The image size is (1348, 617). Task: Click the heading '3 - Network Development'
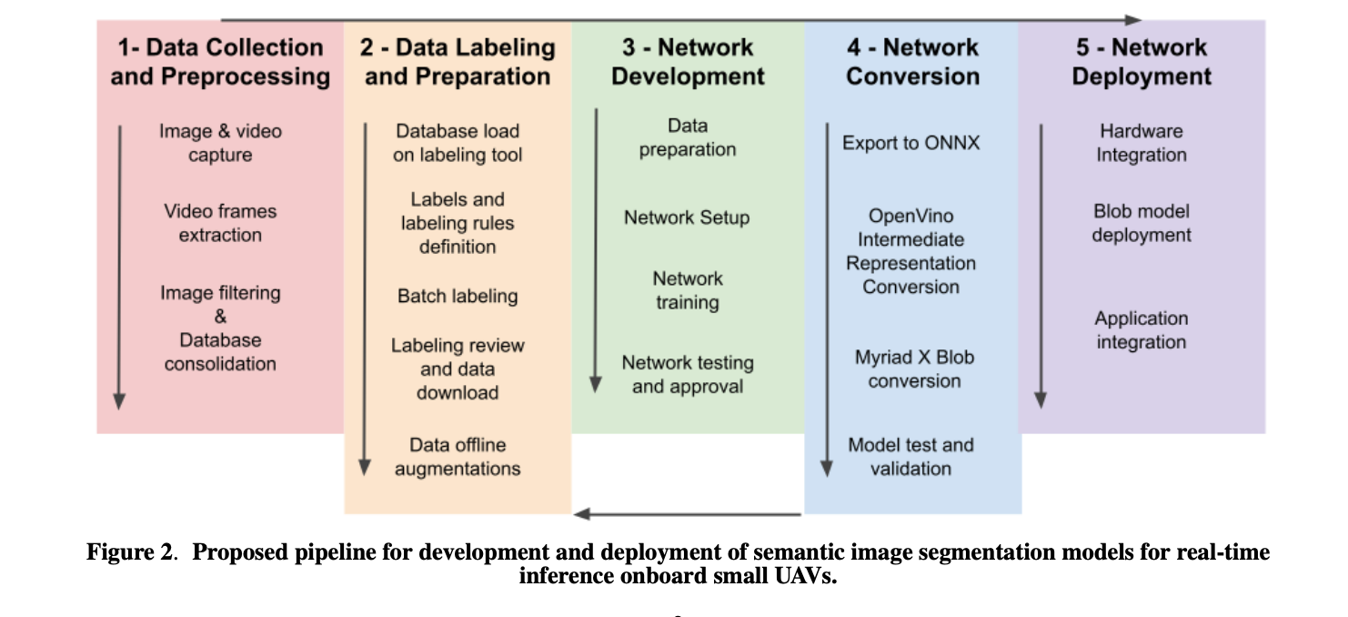(688, 62)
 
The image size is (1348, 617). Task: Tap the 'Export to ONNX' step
(910, 143)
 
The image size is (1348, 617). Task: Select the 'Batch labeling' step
(458, 296)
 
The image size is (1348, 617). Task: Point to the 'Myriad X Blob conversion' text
(914, 369)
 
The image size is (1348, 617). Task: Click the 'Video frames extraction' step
(220, 223)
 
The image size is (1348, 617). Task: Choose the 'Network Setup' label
(687, 217)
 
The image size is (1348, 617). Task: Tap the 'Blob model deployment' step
(1142, 223)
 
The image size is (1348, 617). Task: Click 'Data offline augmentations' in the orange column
(458, 457)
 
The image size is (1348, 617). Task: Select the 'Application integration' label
(1142, 330)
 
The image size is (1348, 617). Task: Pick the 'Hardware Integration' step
(1142, 143)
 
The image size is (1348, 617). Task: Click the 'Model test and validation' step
(910, 457)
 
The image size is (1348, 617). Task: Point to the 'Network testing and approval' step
(688, 374)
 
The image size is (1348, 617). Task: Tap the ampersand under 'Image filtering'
(220, 317)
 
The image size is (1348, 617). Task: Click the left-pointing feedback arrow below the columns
(687, 514)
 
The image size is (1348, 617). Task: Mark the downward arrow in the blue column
(827, 300)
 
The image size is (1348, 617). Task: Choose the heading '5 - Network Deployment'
(1142, 62)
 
